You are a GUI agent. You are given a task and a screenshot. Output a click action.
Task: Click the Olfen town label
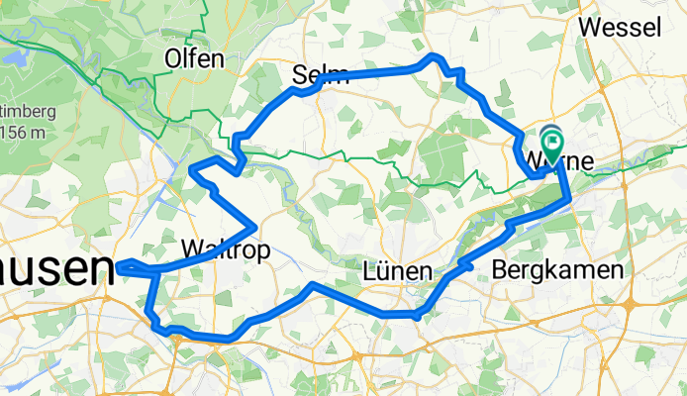tap(195, 58)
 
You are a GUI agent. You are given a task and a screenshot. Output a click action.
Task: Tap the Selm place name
tap(321, 73)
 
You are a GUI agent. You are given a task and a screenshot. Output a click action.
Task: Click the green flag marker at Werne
tap(550, 140)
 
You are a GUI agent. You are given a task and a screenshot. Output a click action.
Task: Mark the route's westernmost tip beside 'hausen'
tap(118, 263)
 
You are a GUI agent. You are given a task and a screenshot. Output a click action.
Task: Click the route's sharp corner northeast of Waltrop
tap(256, 223)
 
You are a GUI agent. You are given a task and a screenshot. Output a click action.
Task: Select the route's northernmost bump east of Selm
tap(431, 57)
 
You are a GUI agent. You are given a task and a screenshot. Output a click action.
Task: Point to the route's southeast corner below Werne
tap(569, 200)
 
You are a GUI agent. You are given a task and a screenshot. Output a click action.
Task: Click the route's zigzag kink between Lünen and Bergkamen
tap(463, 264)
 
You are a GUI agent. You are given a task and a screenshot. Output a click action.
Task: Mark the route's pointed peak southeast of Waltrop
tap(313, 286)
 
